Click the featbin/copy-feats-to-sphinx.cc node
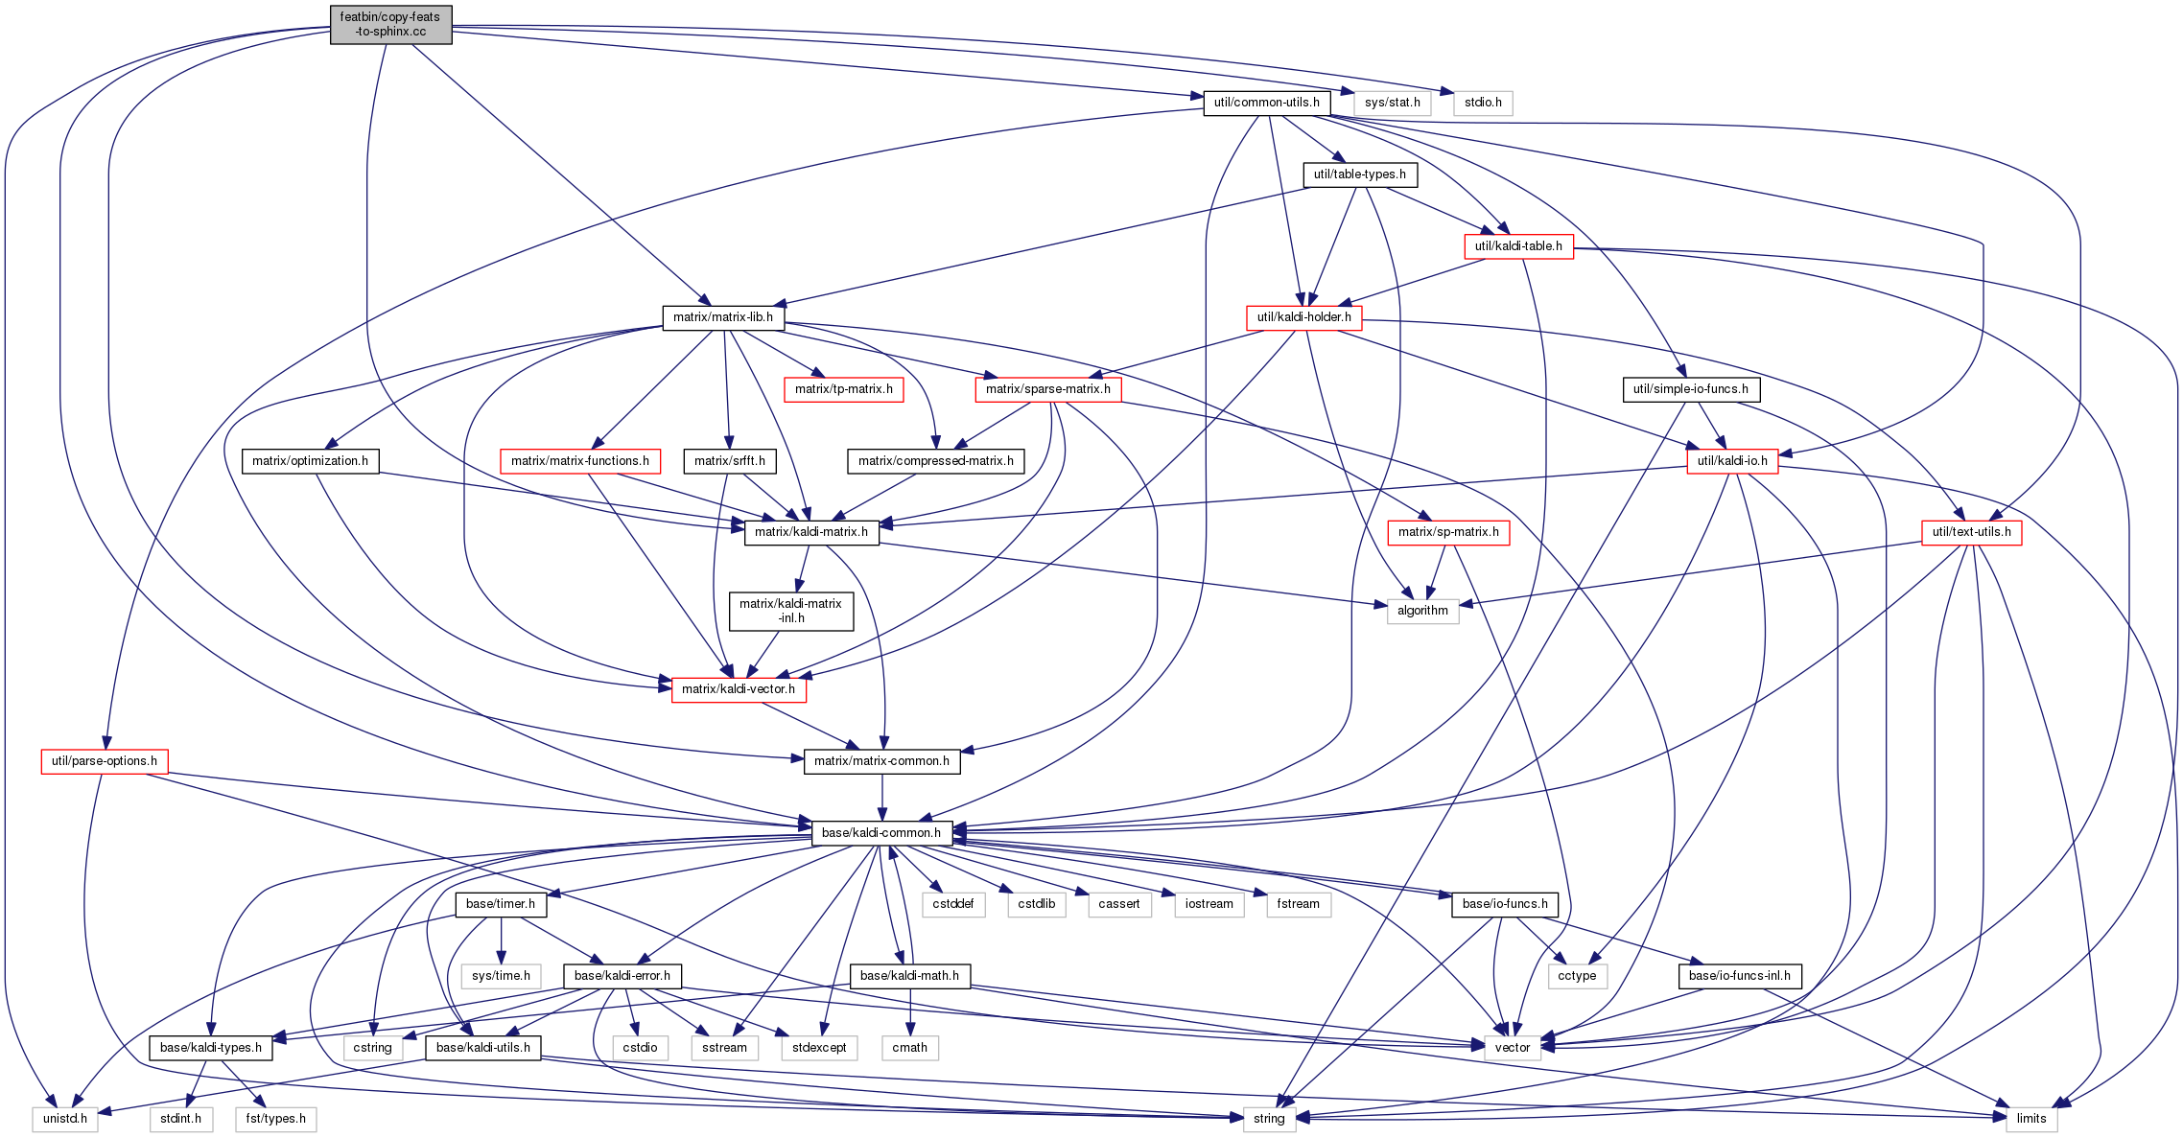coord(390,24)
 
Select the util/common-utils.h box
coord(1266,103)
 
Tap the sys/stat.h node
coord(1392,103)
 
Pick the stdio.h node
coord(1483,103)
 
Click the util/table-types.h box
coord(1359,174)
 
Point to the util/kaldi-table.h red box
coord(1518,246)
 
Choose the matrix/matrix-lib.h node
coord(723,317)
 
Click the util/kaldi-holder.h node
coord(1303,317)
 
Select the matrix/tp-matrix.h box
coord(843,389)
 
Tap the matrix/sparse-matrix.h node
coord(1047,389)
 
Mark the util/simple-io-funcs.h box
coord(1690,389)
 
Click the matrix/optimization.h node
coord(310,461)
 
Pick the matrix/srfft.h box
coord(730,461)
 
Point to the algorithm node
coord(1422,611)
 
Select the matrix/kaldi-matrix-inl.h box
coord(791,611)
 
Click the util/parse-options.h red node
coord(105,761)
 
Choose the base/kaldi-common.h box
coord(881,833)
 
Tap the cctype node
coord(1577,976)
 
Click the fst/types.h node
coord(275,1119)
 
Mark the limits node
coord(2030,1119)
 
